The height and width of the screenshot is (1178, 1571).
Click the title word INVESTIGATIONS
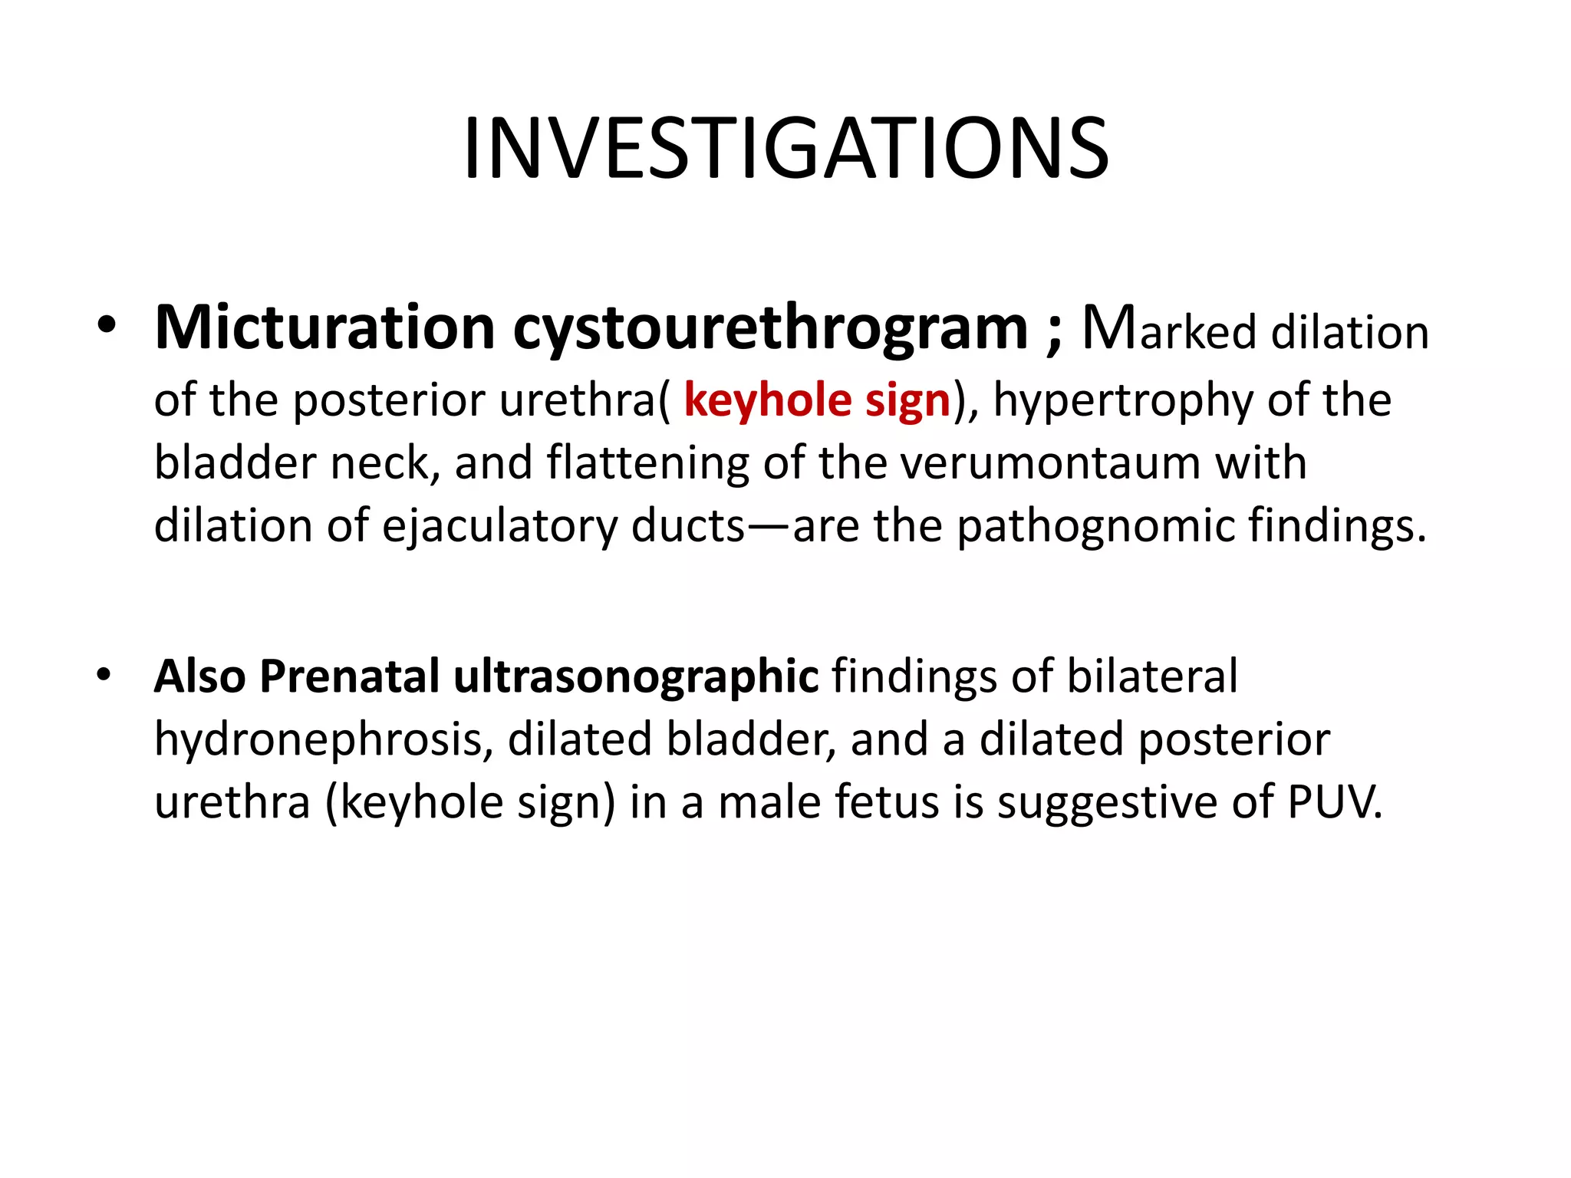tap(785, 149)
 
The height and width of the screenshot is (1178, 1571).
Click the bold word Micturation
tap(324, 328)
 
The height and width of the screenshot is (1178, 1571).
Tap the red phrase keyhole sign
tap(817, 400)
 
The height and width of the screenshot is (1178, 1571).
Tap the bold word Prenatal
tap(350, 676)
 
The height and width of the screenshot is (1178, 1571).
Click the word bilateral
tap(1151, 676)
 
